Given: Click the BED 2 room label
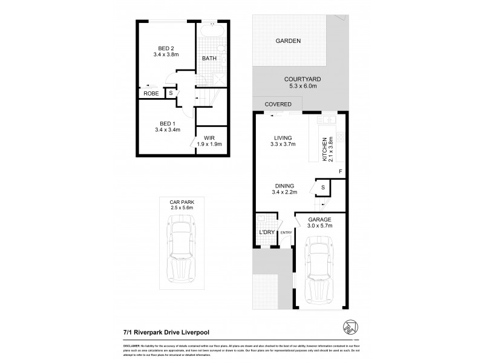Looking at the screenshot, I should (162, 48).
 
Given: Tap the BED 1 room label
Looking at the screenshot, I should (162, 122).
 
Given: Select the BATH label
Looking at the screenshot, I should (209, 59).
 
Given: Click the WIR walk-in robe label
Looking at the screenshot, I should (210, 137).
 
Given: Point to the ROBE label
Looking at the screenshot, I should (151, 94).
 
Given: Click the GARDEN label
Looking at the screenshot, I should (289, 41).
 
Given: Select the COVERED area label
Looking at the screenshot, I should (278, 105).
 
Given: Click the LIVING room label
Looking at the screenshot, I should (281, 136).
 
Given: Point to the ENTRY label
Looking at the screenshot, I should (286, 232).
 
